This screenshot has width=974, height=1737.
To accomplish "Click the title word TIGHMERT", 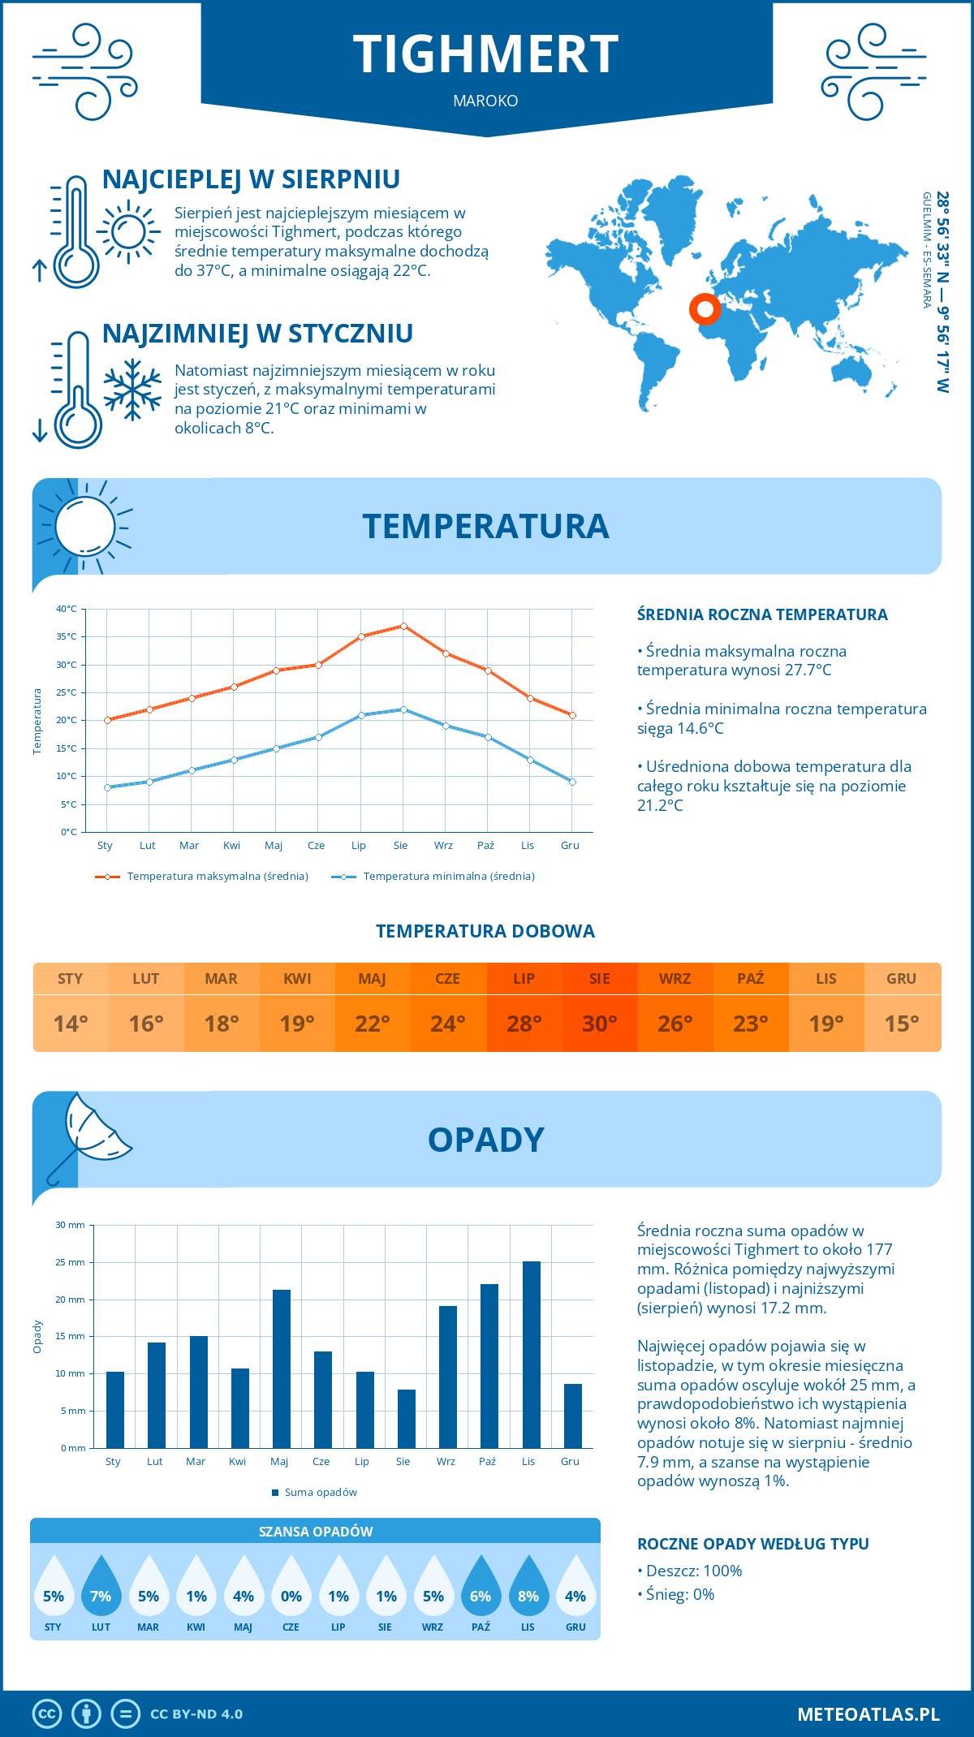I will click(x=486, y=55).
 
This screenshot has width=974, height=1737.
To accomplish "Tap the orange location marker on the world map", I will click(x=705, y=309).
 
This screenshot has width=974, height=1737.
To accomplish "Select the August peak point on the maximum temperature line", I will click(x=403, y=626).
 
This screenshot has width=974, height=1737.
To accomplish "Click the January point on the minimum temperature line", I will click(x=107, y=787).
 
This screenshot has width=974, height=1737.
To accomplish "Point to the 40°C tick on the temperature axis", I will click(x=67, y=609).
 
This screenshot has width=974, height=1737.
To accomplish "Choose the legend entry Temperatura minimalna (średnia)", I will click(x=448, y=877).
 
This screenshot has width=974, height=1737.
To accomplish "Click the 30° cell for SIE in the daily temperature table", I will click(x=600, y=1024).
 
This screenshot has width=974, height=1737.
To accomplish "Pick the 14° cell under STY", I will click(x=71, y=1024).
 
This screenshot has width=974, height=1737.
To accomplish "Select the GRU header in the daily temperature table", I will click(x=902, y=979).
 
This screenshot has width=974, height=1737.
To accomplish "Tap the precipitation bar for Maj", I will click(x=282, y=1368).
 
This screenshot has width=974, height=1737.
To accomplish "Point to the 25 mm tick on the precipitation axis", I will click(x=71, y=1262).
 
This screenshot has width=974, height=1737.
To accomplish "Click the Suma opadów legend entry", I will click(x=320, y=1493).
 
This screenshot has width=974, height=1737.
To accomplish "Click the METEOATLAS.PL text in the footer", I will click(x=868, y=1714).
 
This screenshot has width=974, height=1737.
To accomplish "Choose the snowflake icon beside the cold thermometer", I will click(x=132, y=389).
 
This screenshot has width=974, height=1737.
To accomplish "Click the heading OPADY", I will click(x=485, y=1140).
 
